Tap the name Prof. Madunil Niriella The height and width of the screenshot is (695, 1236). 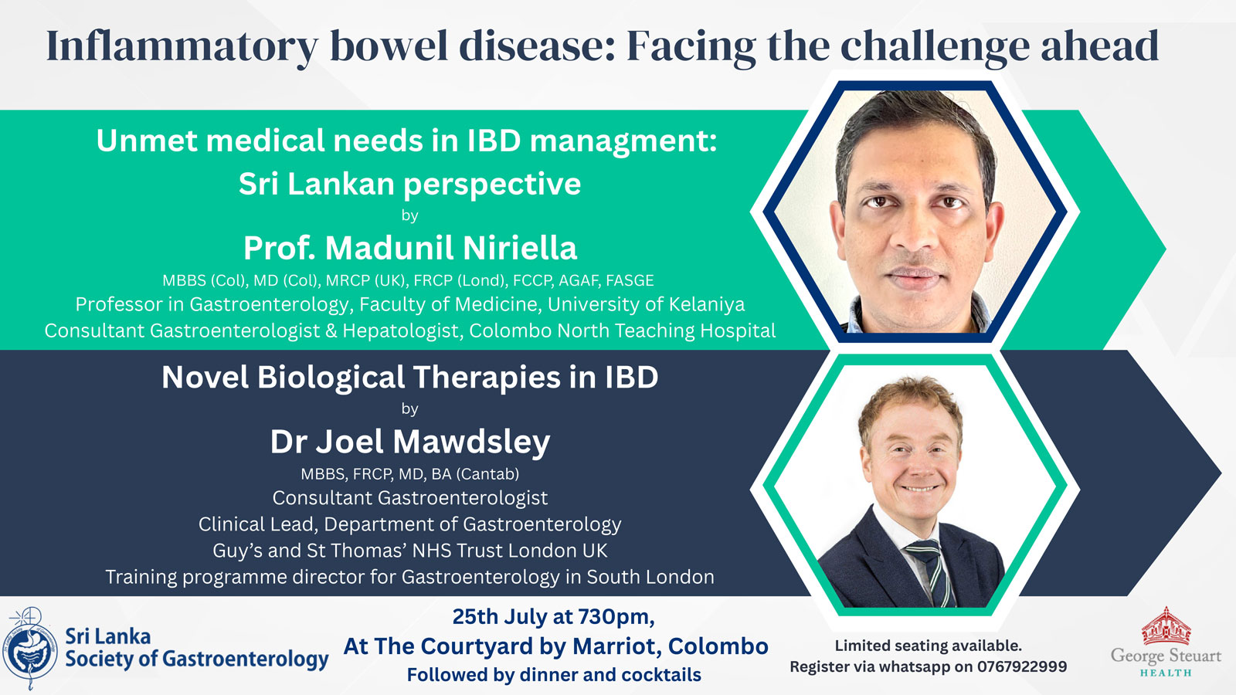click(410, 248)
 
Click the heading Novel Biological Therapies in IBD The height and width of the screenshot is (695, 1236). click(410, 378)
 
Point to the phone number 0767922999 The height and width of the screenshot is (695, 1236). click(1022, 667)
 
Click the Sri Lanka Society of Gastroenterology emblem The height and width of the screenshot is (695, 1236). click(29, 649)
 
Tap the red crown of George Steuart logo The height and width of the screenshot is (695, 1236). click(1166, 626)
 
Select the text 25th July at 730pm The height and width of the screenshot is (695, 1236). click(553, 617)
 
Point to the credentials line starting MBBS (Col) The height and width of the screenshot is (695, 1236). click(408, 281)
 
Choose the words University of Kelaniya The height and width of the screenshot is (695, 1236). click(646, 304)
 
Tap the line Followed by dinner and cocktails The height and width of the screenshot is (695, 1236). click(554, 675)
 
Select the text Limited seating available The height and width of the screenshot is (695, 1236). click(928, 646)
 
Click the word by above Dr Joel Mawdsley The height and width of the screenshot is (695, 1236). click(409, 409)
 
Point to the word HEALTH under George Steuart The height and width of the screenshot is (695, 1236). click(1166, 673)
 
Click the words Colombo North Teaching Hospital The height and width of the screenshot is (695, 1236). click(623, 331)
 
